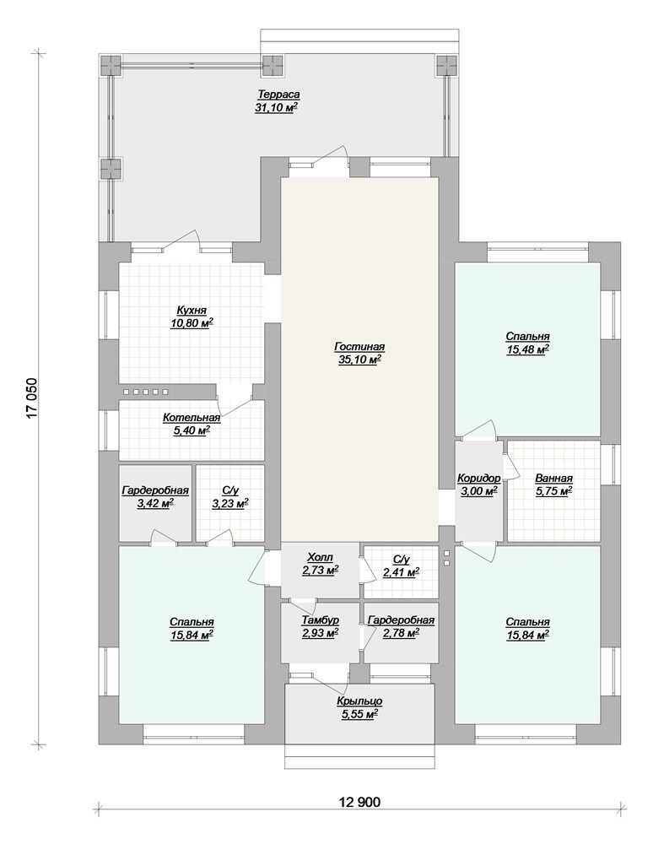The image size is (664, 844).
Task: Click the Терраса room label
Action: pyautogui.click(x=278, y=95)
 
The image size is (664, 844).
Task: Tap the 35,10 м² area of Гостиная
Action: pyautogui.click(x=359, y=360)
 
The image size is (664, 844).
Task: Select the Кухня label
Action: pyautogui.click(x=192, y=311)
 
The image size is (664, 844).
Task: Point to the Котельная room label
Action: pyautogui.click(x=192, y=418)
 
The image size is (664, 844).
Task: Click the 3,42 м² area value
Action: pyautogui.click(x=155, y=503)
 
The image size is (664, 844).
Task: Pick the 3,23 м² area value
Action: pyautogui.click(x=230, y=503)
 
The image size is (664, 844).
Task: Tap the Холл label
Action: pyautogui.click(x=320, y=557)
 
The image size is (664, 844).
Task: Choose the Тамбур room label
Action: pyautogui.click(x=320, y=620)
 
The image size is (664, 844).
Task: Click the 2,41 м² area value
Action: pyautogui.click(x=402, y=573)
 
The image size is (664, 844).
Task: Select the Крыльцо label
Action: pyautogui.click(x=359, y=701)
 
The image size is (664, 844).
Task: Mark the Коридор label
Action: pyautogui.click(x=479, y=478)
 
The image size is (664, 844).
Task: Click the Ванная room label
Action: pyautogui.click(x=553, y=478)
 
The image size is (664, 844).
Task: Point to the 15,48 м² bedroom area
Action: pyautogui.click(x=527, y=349)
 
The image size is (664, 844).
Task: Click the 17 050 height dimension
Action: pyautogui.click(x=32, y=398)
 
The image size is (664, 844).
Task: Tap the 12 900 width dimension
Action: pyautogui.click(x=359, y=802)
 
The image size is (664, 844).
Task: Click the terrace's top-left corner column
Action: pyautogui.click(x=111, y=66)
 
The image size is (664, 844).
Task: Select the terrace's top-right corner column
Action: pyautogui.click(x=446, y=66)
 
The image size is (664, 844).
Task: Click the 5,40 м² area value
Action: pyautogui.click(x=192, y=430)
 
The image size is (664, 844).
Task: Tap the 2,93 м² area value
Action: pyautogui.click(x=320, y=633)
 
